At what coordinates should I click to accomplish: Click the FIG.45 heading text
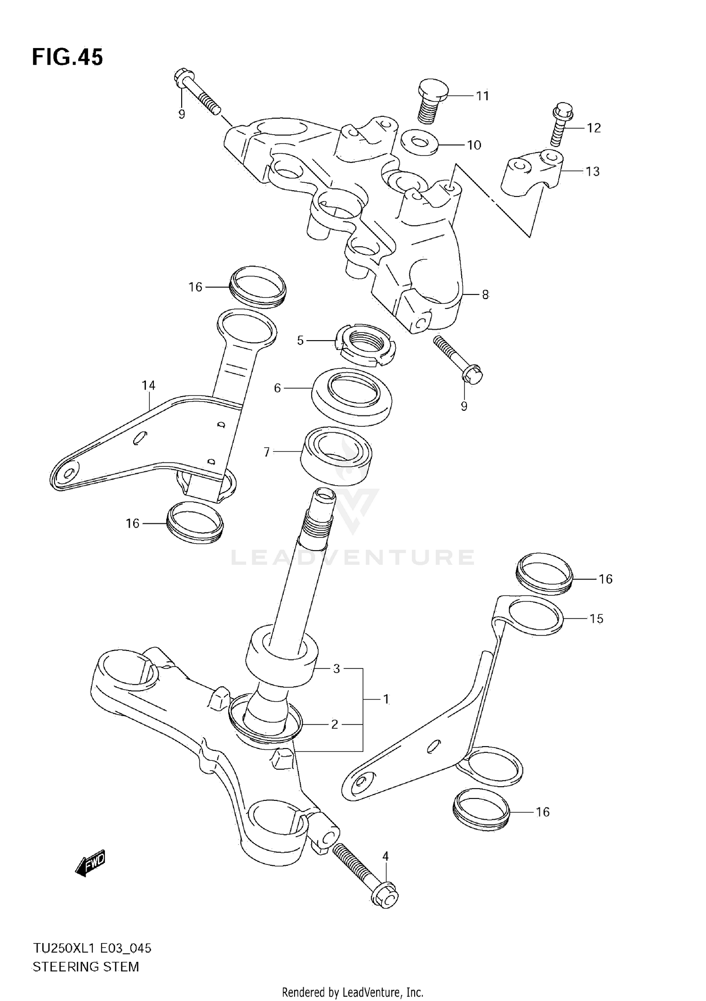[67, 57]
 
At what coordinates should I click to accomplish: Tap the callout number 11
[482, 96]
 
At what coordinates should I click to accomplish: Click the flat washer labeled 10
[420, 141]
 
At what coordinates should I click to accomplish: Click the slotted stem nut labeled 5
[365, 346]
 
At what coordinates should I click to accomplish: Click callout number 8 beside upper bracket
[485, 295]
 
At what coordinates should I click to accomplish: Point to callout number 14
[148, 385]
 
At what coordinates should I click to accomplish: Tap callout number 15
[596, 619]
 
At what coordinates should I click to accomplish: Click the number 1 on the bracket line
[386, 700]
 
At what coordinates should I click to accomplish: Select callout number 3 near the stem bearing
[336, 669]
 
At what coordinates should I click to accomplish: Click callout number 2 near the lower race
[334, 724]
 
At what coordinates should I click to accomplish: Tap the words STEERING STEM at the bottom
[86, 967]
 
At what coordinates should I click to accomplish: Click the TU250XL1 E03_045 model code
[92, 948]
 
